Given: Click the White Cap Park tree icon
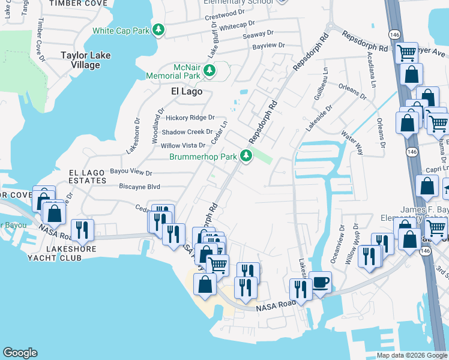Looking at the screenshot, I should [x=158, y=30].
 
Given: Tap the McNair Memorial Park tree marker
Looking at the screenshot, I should [x=209, y=71].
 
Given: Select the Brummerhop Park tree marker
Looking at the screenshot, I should [x=246, y=156].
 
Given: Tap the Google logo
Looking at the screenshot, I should [x=20, y=353].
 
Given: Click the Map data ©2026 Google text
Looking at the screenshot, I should [x=411, y=355].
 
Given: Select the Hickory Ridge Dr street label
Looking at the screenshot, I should [x=182, y=118].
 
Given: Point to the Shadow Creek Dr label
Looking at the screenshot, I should [x=187, y=132].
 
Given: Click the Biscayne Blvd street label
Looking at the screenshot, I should [x=140, y=186].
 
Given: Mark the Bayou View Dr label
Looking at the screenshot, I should [x=131, y=172].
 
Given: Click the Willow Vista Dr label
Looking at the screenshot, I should [x=183, y=145].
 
